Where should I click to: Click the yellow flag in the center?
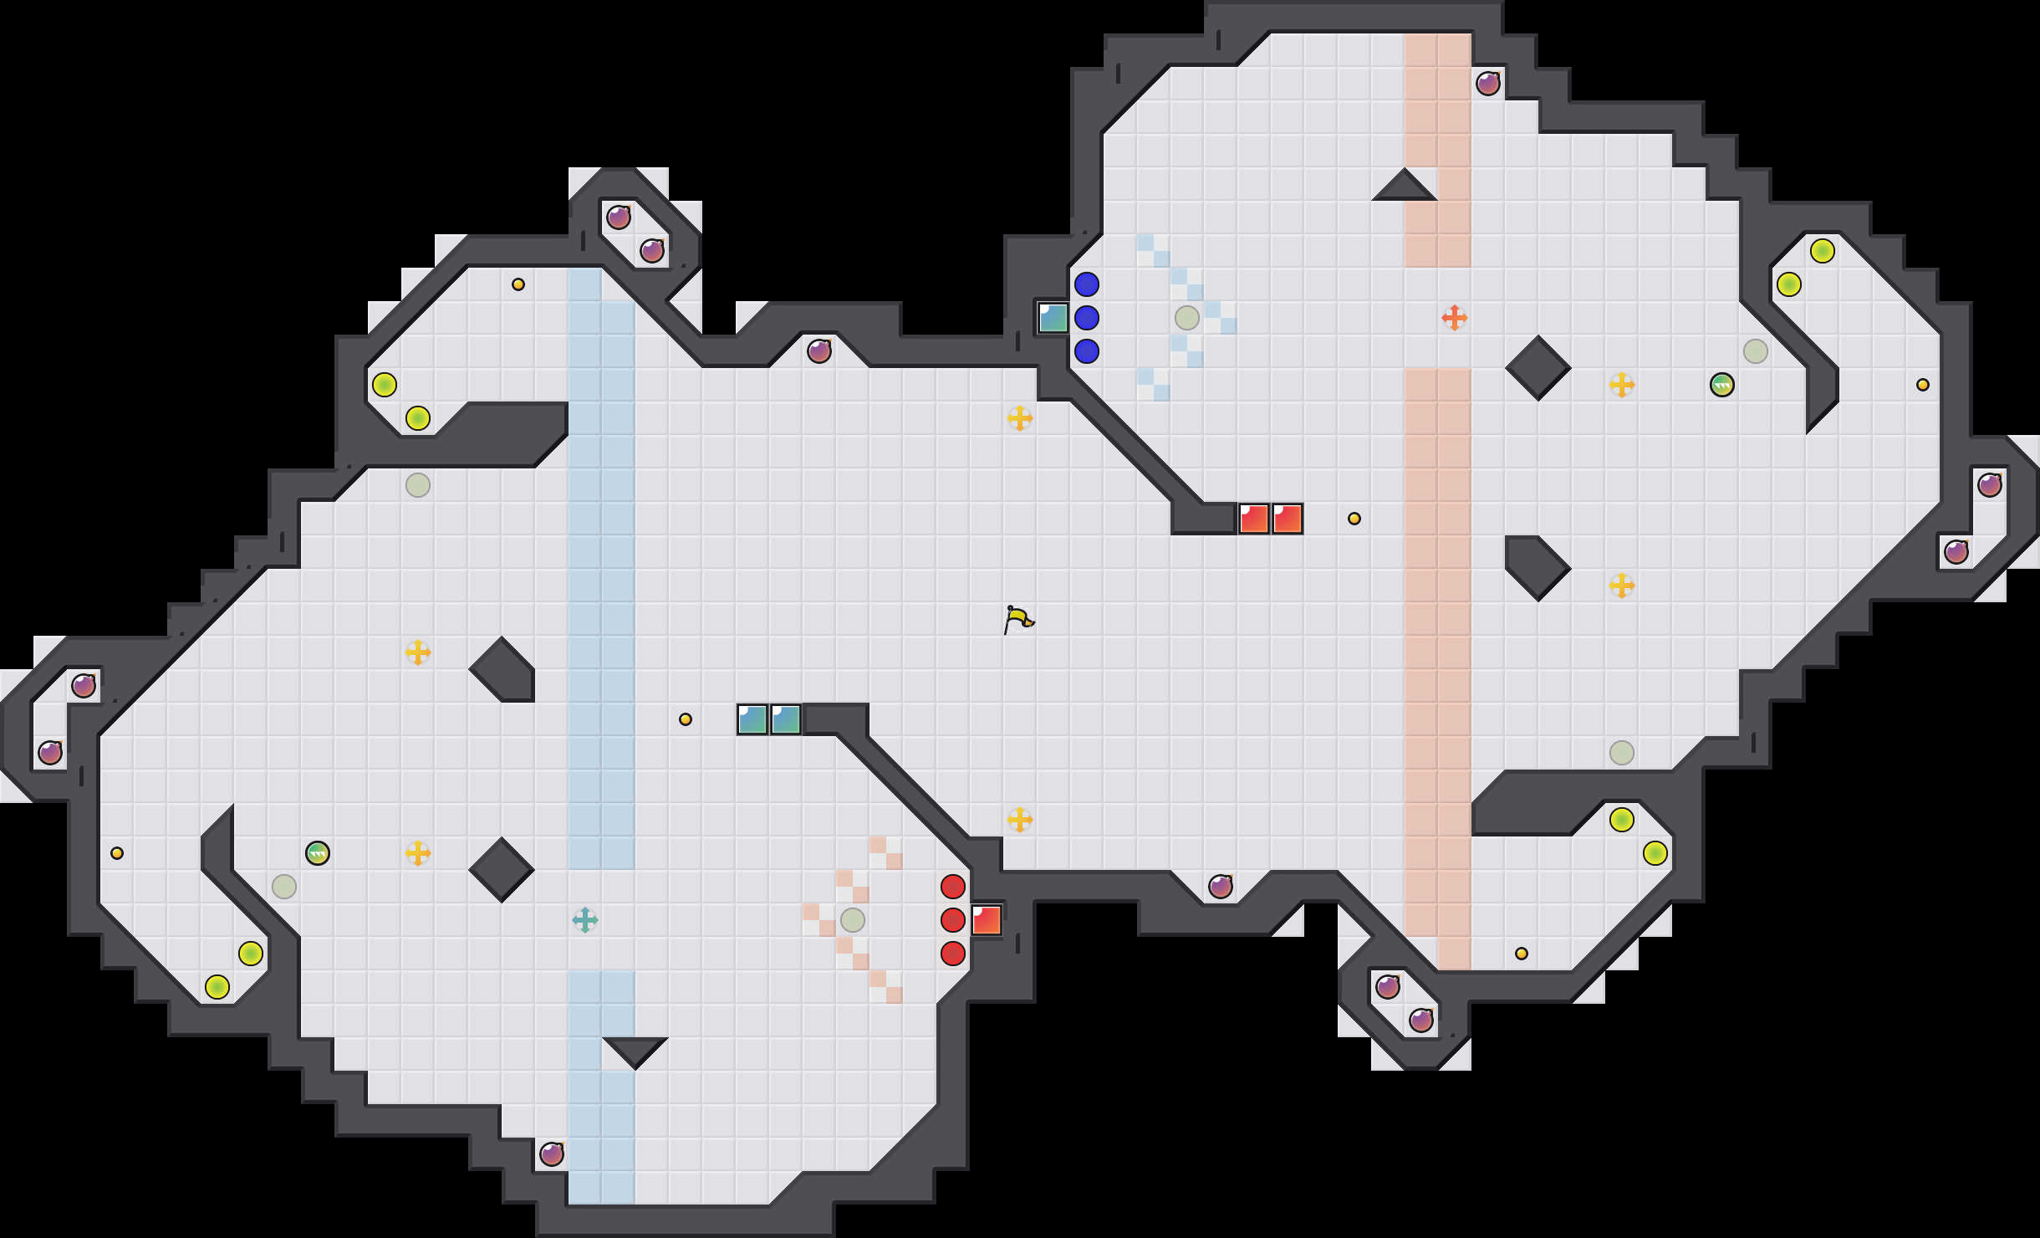click(1018, 620)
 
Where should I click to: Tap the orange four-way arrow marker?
click(1454, 318)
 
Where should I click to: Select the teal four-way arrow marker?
click(585, 920)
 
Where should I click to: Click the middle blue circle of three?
click(1087, 318)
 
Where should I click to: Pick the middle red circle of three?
click(953, 920)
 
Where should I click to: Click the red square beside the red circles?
click(987, 920)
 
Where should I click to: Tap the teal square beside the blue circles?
click(1053, 318)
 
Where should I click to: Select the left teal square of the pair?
click(752, 719)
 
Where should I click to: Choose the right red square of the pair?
click(1288, 519)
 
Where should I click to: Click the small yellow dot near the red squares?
click(1354, 519)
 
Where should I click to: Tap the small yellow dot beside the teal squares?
click(686, 719)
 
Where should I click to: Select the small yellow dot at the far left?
click(117, 853)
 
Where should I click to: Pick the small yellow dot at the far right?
click(1923, 385)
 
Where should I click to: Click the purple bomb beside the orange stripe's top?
click(1488, 84)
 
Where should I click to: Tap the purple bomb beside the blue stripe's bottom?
click(552, 1154)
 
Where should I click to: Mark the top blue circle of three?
click(1087, 284)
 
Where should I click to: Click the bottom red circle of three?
click(953, 954)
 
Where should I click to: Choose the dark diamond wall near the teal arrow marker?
click(502, 870)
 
